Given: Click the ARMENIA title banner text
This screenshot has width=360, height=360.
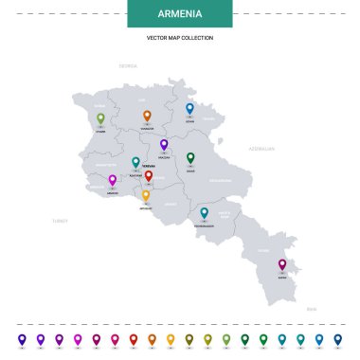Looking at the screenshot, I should click(179, 15).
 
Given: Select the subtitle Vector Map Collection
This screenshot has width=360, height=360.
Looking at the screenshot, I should click(179, 38).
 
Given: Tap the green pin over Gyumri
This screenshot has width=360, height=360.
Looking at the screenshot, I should click(100, 118).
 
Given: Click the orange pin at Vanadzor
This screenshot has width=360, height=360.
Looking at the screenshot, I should click(147, 116).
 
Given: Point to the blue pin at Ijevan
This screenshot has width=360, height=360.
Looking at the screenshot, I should click(189, 108).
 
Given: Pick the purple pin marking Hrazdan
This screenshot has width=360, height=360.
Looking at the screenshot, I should click(164, 144).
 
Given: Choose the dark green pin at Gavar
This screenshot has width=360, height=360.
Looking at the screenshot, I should click(190, 157).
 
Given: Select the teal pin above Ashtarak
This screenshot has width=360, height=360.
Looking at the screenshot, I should click(135, 162).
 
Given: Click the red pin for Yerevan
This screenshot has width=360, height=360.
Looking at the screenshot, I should click(149, 175).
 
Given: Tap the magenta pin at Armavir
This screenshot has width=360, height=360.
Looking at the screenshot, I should click(113, 180).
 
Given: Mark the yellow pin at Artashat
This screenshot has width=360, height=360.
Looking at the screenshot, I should click(146, 195).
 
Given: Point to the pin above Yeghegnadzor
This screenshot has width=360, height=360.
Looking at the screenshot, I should click(204, 213).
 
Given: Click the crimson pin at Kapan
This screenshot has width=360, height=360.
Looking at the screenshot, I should click(281, 264).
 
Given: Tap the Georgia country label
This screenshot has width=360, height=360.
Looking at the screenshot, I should click(128, 66).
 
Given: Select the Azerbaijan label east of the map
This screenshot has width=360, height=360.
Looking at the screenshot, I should click(261, 149).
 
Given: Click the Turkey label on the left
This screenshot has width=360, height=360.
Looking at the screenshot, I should click(61, 220).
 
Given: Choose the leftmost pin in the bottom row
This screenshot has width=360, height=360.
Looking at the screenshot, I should click(22, 338).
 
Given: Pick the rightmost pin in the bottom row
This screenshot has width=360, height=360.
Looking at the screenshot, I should click(337, 338).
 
